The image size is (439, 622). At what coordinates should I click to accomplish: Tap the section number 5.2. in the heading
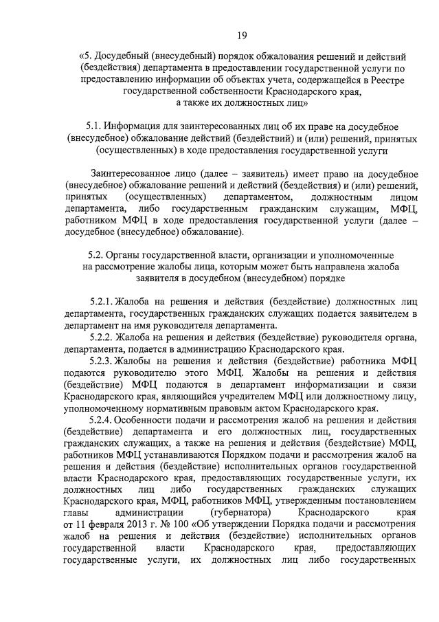(x=92, y=255)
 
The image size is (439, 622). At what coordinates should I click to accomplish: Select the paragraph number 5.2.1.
(x=102, y=302)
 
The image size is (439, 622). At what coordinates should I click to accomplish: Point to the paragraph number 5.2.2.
(x=102, y=337)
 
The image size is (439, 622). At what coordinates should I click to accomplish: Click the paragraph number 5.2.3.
(x=102, y=360)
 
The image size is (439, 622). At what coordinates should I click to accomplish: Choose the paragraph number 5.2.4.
(x=102, y=419)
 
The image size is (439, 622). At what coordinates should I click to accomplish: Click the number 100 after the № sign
(x=175, y=524)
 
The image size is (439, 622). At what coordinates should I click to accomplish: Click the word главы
(x=76, y=513)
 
